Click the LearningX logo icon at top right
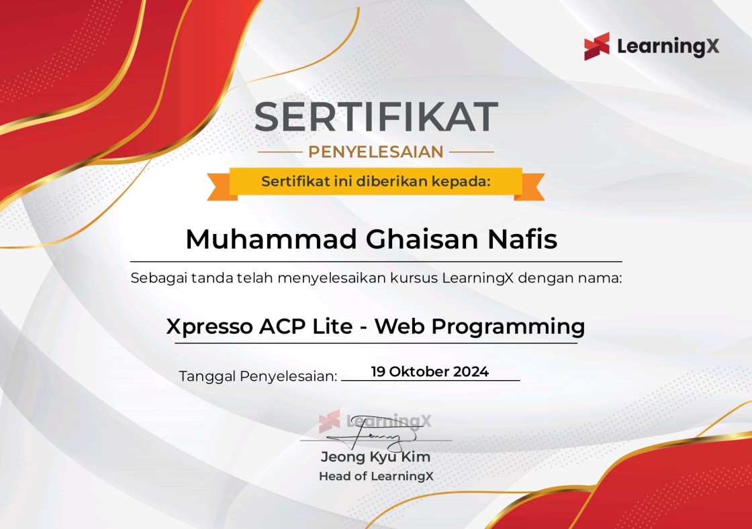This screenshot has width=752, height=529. click(597, 46)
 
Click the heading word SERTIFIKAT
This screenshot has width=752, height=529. click(376, 117)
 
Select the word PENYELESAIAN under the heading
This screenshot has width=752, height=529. click(376, 152)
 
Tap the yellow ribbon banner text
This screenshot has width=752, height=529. click(376, 181)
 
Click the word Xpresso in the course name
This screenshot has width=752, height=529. click(209, 327)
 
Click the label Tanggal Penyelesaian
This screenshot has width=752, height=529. click(258, 376)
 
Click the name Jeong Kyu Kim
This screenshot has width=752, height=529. click(376, 458)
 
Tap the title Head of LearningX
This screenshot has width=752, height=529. click(376, 477)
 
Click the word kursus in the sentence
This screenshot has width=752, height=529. click(414, 278)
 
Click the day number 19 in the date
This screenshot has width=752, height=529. click(379, 371)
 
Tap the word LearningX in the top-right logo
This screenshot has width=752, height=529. click(667, 46)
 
